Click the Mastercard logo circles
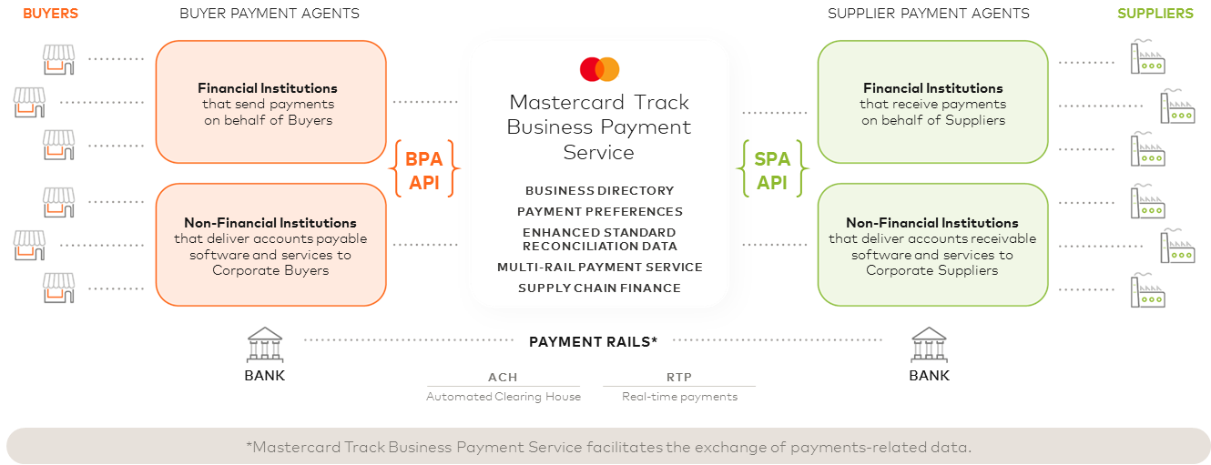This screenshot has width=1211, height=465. click(599, 69)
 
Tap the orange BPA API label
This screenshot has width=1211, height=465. click(423, 170)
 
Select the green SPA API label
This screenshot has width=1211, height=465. click(772, 170)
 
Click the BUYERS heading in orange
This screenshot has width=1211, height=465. click(50, 14)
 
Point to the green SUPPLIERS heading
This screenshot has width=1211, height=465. click(1155, 14)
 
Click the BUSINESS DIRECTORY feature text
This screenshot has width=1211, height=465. click(599, 191)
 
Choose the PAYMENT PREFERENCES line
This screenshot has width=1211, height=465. click(599, 212)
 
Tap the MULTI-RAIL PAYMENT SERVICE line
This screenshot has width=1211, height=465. click(599, 268)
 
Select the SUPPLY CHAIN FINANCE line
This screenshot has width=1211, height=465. click(599, 288)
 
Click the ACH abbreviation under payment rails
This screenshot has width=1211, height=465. click(503, 378)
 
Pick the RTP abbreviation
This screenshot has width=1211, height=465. click(679, 378)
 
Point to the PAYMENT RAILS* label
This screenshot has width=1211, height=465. click(593, 341)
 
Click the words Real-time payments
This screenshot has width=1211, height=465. click(679, 397)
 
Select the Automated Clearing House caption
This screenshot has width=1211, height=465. click(504, 397)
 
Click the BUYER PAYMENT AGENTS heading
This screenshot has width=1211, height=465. click(270, 14)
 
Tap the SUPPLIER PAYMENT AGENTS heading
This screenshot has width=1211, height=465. click(929, 14)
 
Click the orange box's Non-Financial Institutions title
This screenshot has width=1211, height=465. click(270, 223)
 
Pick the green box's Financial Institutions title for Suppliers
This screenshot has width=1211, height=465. click(933, 88)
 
